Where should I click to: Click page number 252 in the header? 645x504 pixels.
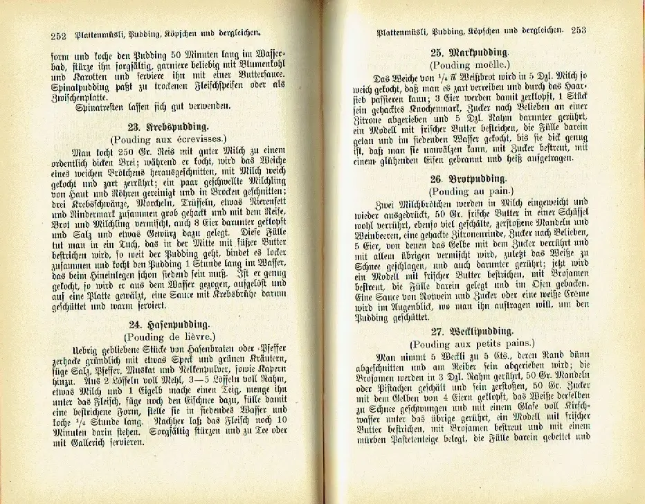58,35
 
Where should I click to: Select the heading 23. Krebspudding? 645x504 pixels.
168,127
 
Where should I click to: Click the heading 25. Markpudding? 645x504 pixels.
470,53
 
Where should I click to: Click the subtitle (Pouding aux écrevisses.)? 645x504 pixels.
168,139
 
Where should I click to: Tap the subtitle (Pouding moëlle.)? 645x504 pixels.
470,65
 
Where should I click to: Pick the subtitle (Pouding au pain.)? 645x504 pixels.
470,190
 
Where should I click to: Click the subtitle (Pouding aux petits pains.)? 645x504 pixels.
471,343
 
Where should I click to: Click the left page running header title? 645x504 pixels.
166,34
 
